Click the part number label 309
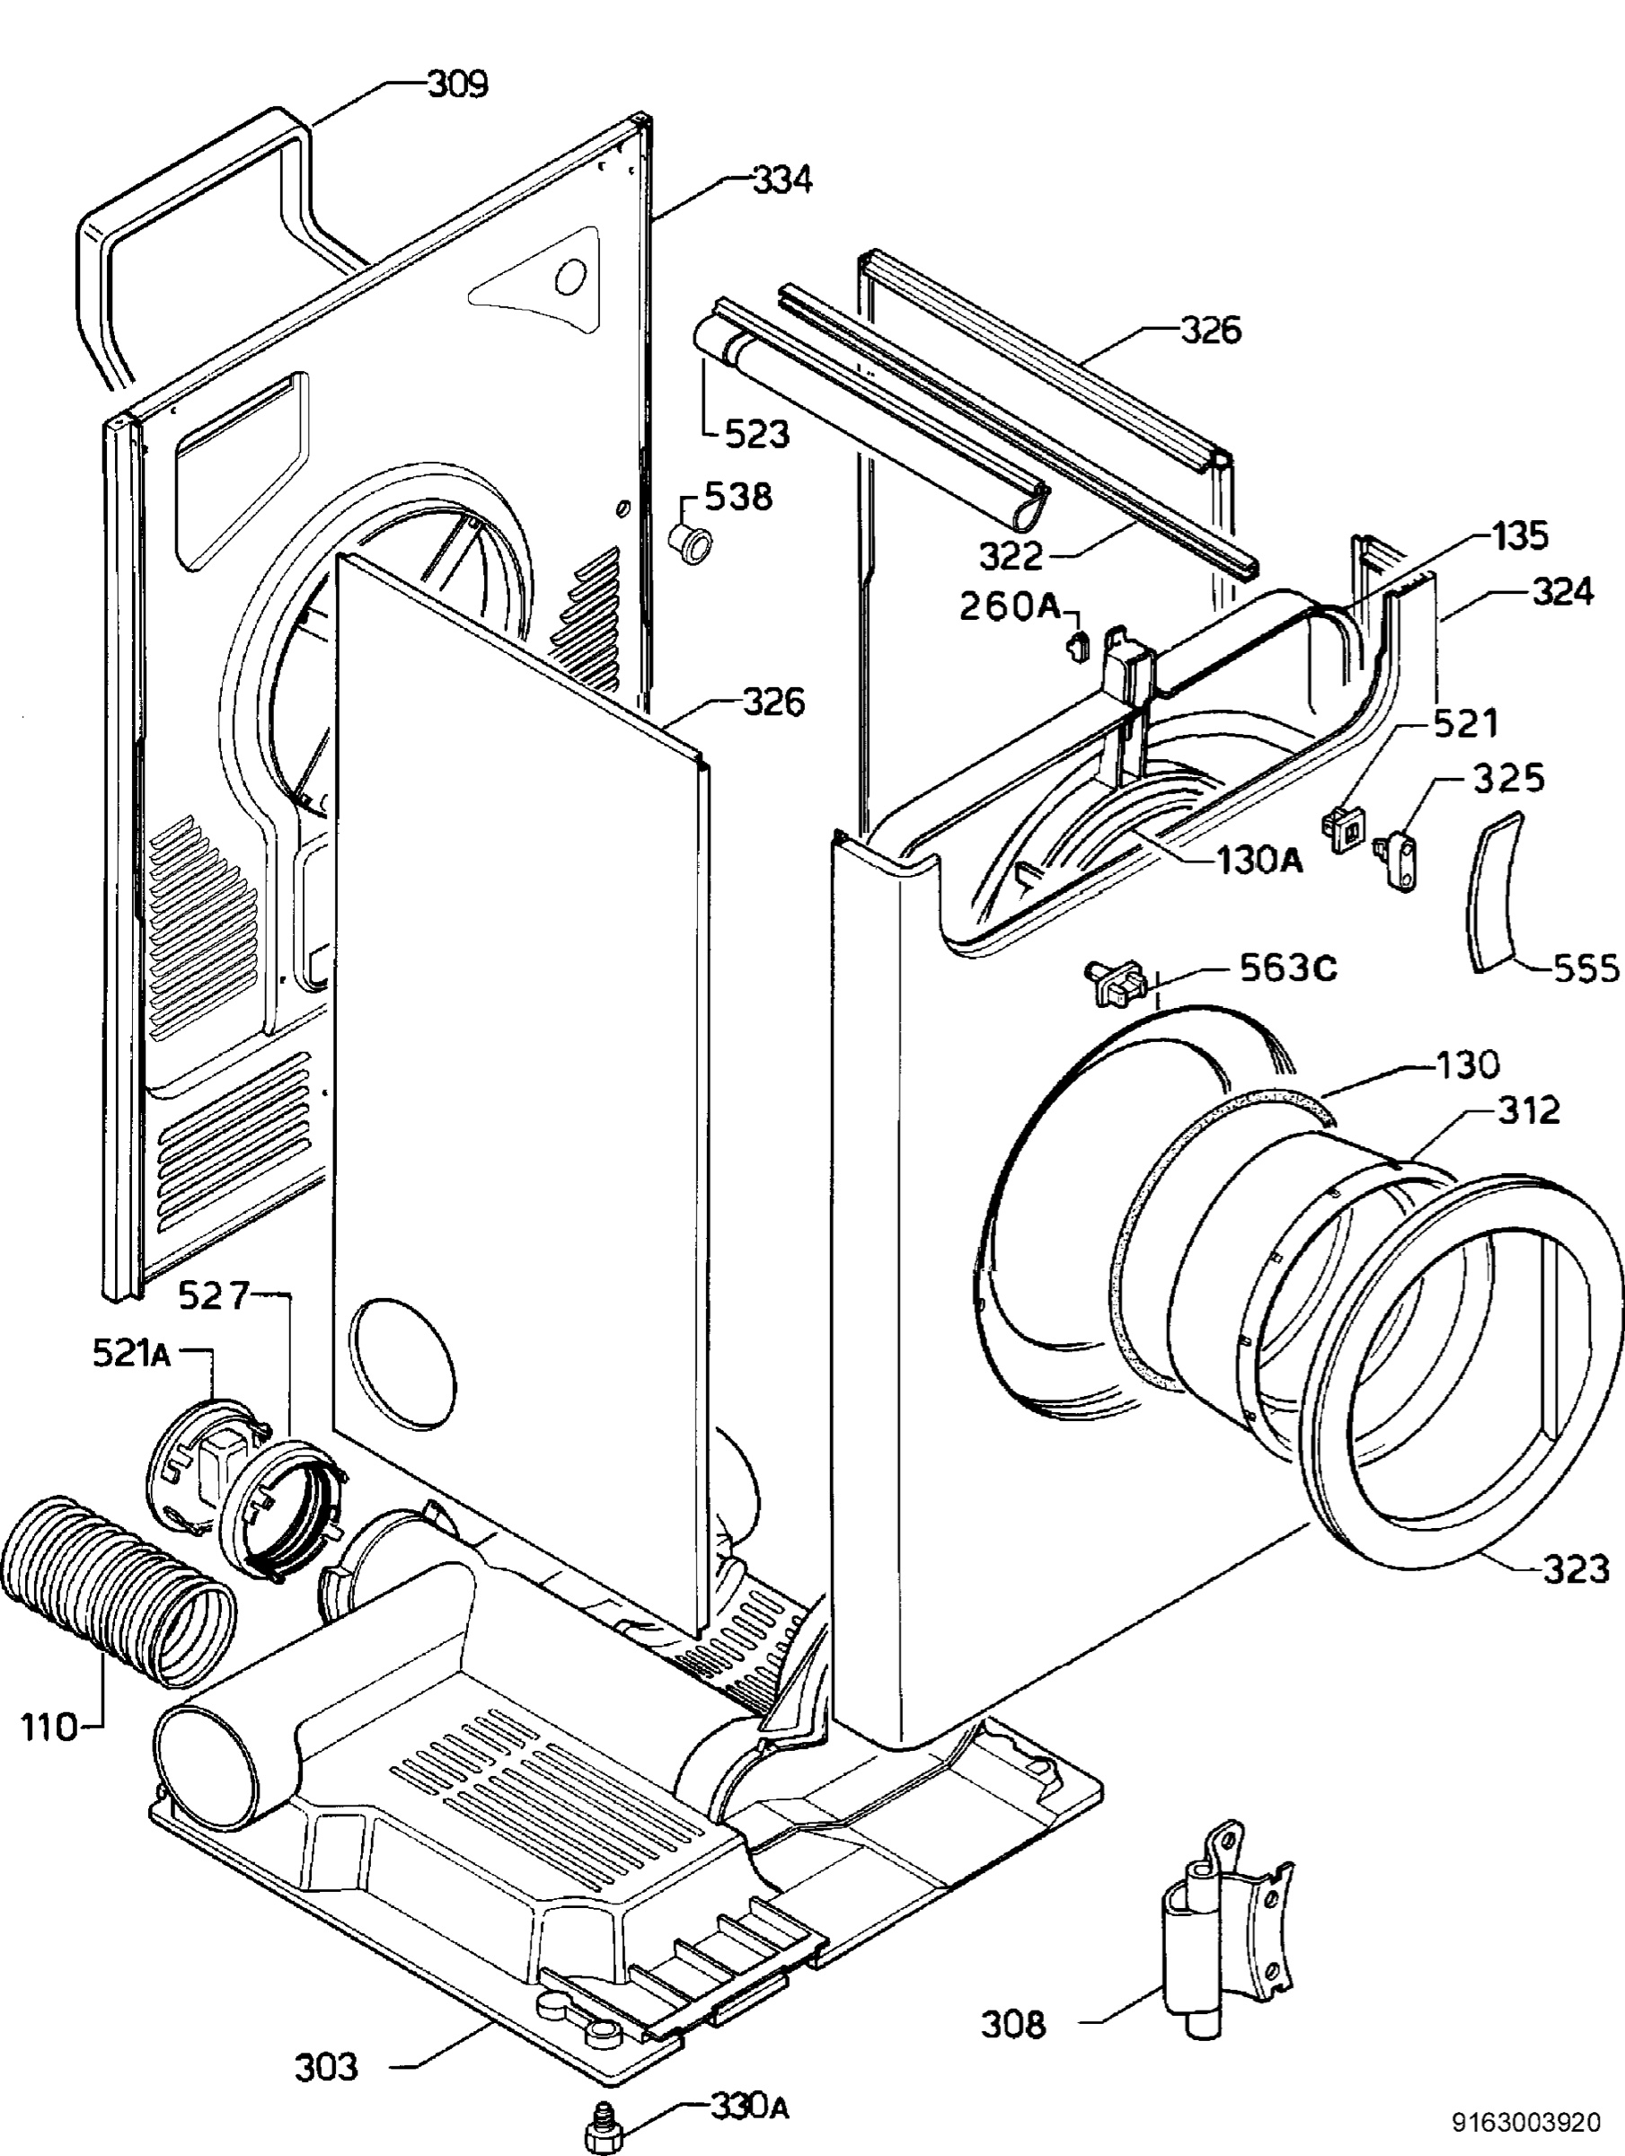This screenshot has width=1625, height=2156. pos(458,84)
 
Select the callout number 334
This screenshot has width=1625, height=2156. pos(782,180)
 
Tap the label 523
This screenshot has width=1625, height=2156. pos(756,434)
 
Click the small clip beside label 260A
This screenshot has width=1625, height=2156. pos(1076,644)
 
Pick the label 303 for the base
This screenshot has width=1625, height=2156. pos(327,2067)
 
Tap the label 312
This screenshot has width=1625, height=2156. pos(1527,1110)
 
